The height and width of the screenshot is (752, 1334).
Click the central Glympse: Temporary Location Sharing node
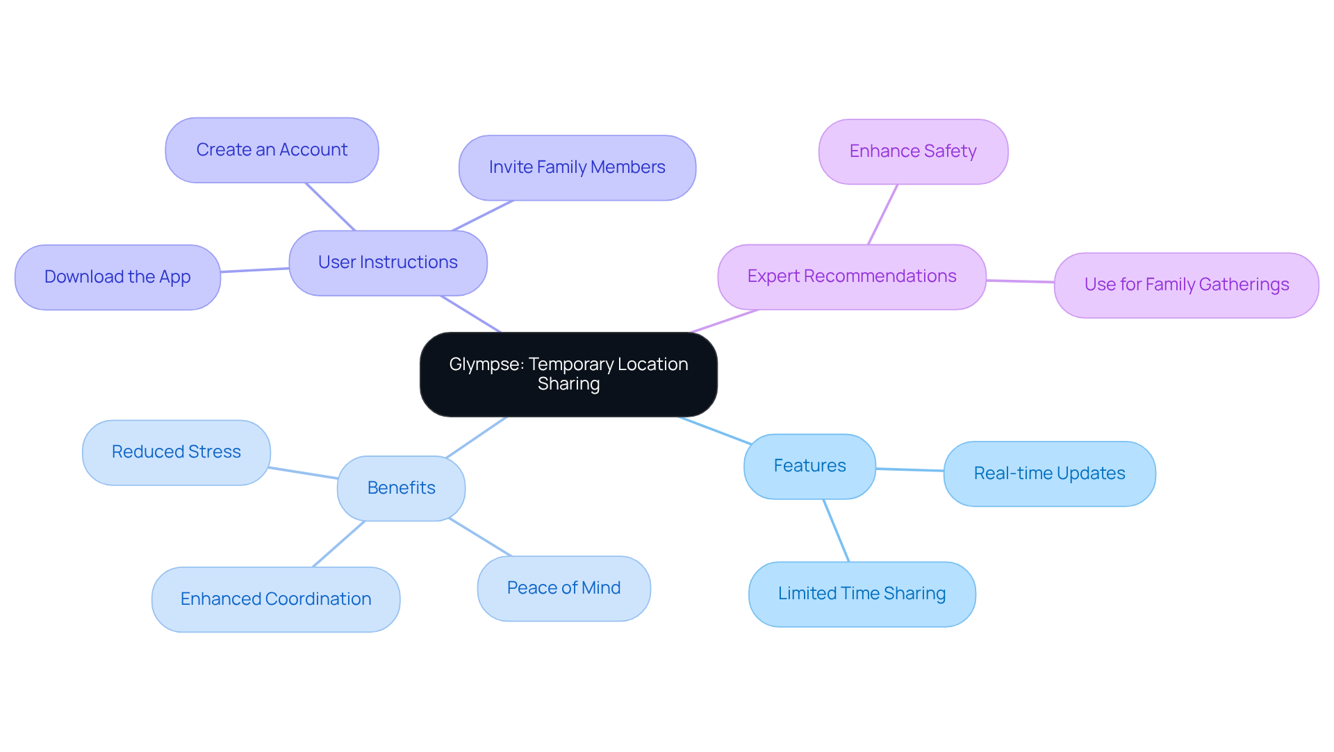[x=568, y=374]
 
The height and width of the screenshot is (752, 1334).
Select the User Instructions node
[x=388, y=262]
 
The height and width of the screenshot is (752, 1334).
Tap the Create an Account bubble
[x=272, y=150]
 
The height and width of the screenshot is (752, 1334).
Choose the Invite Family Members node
[x=577, y=167]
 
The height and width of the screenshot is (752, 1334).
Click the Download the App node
[x=117, y=277]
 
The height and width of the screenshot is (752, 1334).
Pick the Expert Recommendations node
[x=851, y=276]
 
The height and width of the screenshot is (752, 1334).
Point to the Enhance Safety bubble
[x=913, y=151]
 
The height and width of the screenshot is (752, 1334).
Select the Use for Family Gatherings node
[x=1186, y=285]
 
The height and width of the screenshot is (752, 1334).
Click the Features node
[x=809, y=466]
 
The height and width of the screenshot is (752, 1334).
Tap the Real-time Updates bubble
[x=1049, y=474]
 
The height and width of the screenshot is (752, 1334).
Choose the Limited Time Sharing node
[x=862, y=594]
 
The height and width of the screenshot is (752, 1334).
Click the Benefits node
[x=401, y=488]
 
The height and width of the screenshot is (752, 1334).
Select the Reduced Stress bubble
[x=176, y=452]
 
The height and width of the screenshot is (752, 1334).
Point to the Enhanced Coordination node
[x=276, y=599]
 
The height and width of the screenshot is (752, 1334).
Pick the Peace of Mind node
[x=563, y=588]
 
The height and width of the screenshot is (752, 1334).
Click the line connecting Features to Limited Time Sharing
[x=836, y=530]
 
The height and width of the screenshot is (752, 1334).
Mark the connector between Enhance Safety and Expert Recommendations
[x=883, y=214]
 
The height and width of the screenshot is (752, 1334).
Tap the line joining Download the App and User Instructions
[x=254, y=270]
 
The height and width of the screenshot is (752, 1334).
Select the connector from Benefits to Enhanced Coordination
[x=338, y=544]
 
